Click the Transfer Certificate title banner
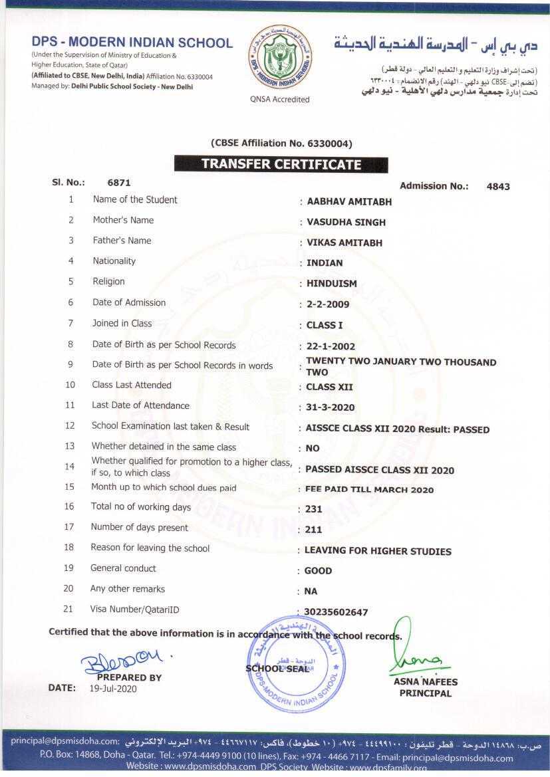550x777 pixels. point(281,164)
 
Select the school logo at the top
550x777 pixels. point(279,58)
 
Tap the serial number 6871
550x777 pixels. point(119,182)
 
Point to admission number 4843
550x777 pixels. point(498,187)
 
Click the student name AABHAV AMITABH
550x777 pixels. point(349,202)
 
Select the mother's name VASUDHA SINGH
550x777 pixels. point(346,222)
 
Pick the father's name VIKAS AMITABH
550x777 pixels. point(344,243)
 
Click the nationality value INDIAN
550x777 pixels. point(325,263)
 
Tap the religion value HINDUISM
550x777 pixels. point(331,283)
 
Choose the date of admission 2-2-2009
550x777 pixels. point(327,304)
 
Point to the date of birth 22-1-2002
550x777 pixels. point(331,346)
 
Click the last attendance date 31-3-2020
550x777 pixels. point(330,407)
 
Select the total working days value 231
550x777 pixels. point(313,509)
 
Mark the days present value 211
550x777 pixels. point(313,530)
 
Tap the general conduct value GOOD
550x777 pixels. point(318,571)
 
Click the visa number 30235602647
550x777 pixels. point(336,612)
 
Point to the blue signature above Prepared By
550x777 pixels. point(122,661)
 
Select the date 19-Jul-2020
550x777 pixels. point(113,689)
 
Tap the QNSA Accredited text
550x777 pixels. point(280,99)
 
